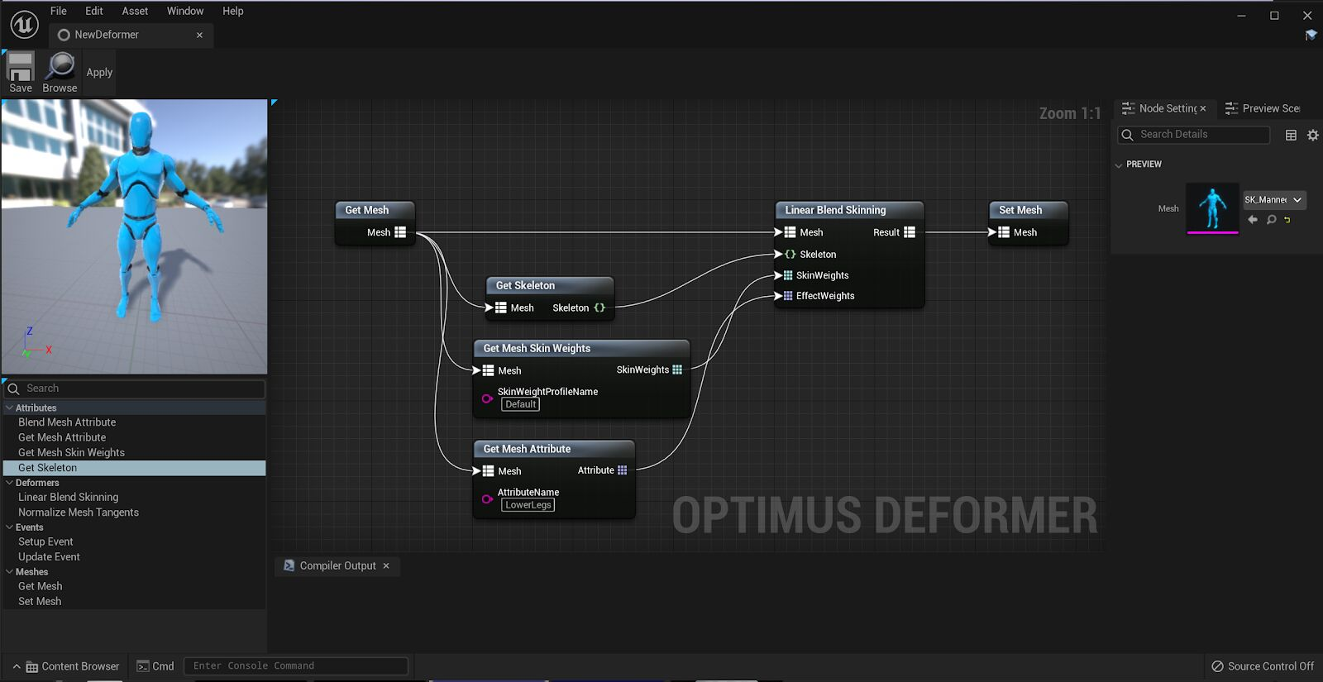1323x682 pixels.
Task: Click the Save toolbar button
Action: point(21,72)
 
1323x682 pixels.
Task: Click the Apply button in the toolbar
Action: point(99,73)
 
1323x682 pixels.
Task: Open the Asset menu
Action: point(135,11)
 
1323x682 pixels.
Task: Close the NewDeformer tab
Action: point(199,35)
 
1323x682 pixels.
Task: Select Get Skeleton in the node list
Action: point(48,468)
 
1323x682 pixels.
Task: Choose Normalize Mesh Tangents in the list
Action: point(79,513)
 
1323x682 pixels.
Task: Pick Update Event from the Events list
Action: point(50,557)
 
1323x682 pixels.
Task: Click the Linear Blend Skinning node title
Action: point(835,210)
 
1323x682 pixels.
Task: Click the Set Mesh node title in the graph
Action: point(1020,210)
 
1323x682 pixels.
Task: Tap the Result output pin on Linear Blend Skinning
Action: point(910,232)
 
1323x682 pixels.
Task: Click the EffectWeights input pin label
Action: point(824,296)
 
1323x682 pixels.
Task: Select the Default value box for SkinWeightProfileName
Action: point(521,404)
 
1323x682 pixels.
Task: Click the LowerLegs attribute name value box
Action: point(528,505)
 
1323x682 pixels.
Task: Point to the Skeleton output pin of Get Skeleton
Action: point(599,308)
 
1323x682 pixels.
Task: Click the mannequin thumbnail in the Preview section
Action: point(1212,207)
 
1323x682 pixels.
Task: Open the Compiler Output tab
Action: point(337,565)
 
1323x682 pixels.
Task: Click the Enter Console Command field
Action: point(296,666)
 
